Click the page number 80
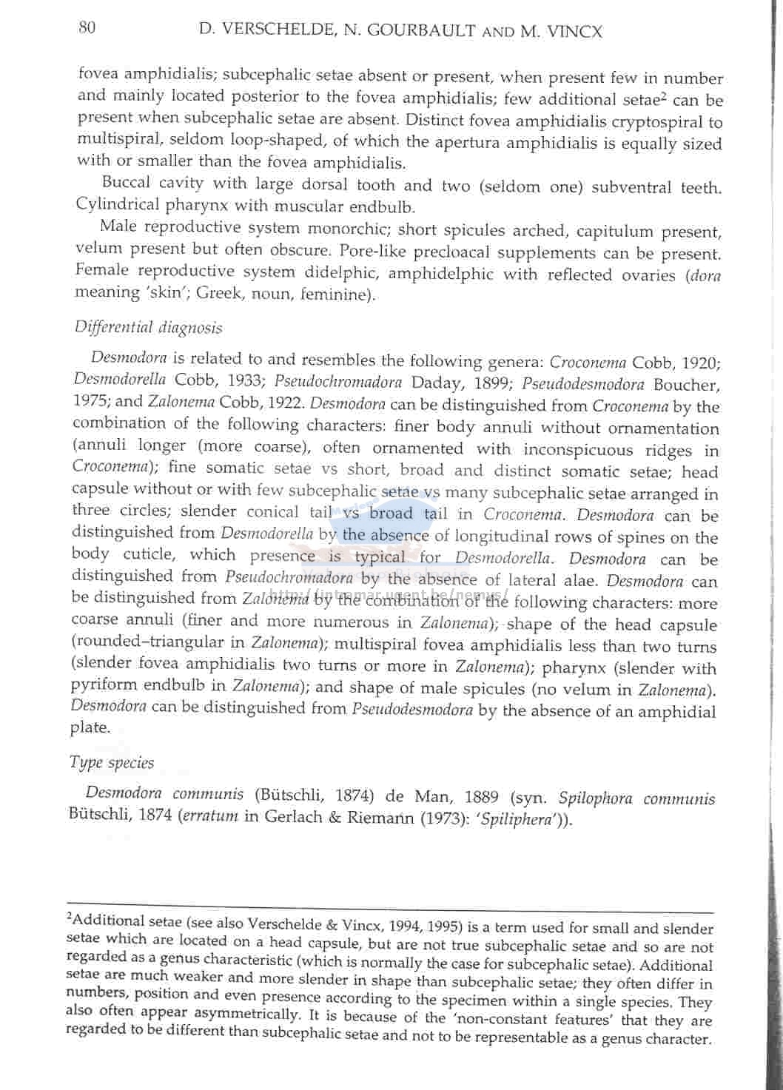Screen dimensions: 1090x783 coord(87,28)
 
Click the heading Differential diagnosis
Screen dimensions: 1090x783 coord(148,327)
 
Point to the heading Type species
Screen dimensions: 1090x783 coord(112,762)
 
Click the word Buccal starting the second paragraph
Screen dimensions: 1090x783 coord(126,183)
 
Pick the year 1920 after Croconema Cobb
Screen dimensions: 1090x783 coord(699,363)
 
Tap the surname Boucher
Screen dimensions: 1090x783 coord(686,385)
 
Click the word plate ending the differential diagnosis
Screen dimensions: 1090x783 coord(90,728)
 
